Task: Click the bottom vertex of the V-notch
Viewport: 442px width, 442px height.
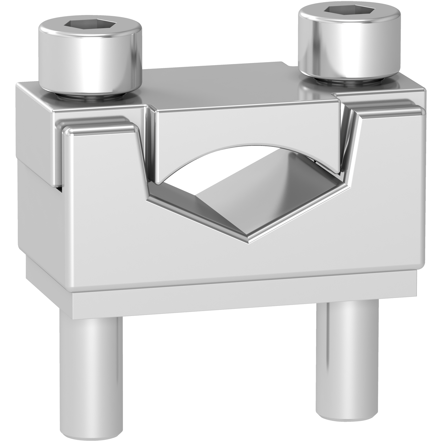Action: tap(250, 243)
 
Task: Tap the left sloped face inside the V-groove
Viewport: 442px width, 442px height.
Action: tap(196, 211)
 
